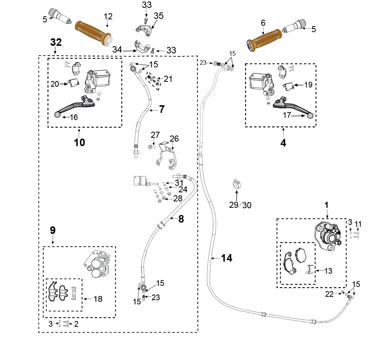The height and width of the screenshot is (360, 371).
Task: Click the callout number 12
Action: click(108, 17)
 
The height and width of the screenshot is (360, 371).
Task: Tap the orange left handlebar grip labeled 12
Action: click(93, 33)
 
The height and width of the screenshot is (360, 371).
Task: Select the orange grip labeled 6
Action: click(264, 40)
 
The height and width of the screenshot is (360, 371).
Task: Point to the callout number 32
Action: click(56, 42)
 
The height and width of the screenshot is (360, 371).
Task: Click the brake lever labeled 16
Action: click(75, 106)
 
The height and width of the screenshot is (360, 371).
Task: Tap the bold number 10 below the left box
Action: click(79, 142)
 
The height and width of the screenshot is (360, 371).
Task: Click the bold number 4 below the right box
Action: click(283, 143)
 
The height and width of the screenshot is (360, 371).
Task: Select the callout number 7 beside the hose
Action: click(161, 109)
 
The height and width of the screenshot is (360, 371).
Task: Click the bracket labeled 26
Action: click(168, 155)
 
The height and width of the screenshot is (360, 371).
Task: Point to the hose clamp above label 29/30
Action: click(236, 184)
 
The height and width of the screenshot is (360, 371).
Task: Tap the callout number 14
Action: click(227, 258)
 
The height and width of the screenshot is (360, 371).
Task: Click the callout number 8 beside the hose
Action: click(181, 219)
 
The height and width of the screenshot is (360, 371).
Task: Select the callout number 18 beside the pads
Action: click(98, 299)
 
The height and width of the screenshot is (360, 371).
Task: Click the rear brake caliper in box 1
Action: click(328, 235)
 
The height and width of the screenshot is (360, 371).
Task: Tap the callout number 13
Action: click(328, 271)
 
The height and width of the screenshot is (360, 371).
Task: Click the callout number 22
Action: click(329, 294)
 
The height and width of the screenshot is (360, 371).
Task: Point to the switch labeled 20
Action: click(74, 83)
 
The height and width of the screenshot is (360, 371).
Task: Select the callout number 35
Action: click(158, 16)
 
